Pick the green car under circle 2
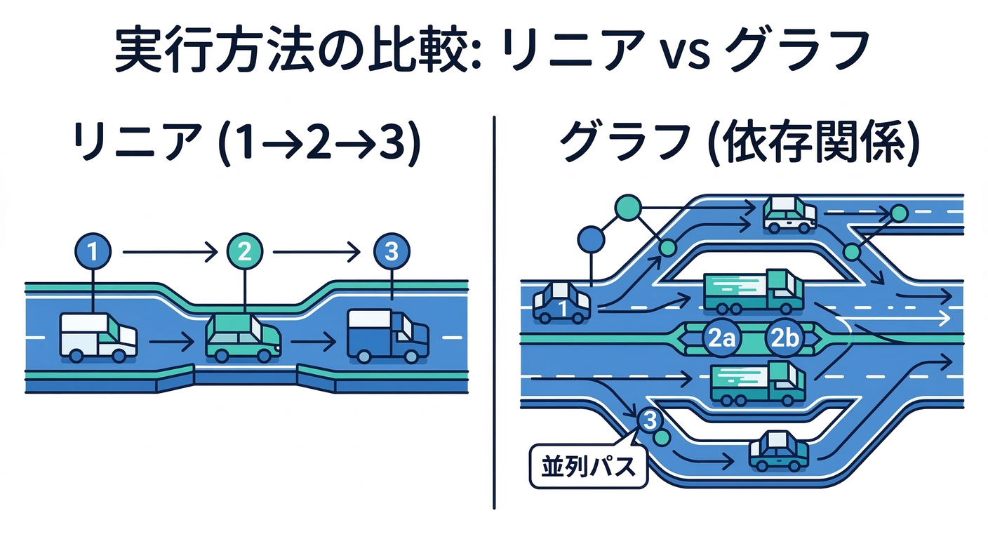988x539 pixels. point(243,338)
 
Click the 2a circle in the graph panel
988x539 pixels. point(721,338)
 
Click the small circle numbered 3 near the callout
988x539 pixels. point(650,420)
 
